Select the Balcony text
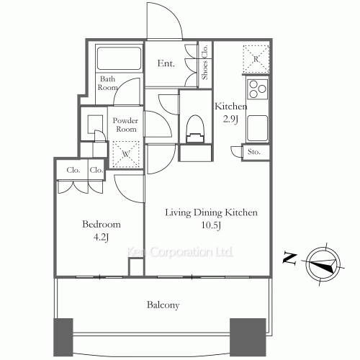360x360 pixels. click(163, 305)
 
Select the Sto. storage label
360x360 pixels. click(253, 152)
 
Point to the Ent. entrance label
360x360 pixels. click(166, 64)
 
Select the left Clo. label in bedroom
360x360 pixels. click(73, 171)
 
